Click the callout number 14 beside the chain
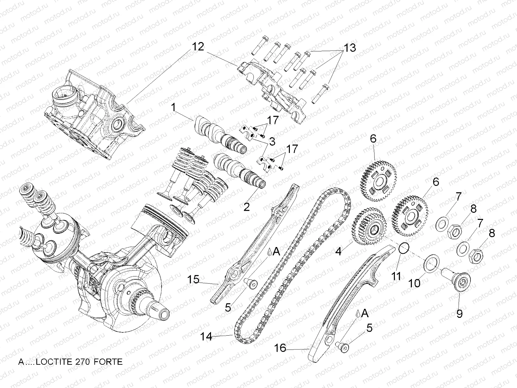click(206, 337)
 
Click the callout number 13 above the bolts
click(350, 48)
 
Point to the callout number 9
click(459, 313)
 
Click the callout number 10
click(415, 283)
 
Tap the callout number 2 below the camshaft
click(247, 207)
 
